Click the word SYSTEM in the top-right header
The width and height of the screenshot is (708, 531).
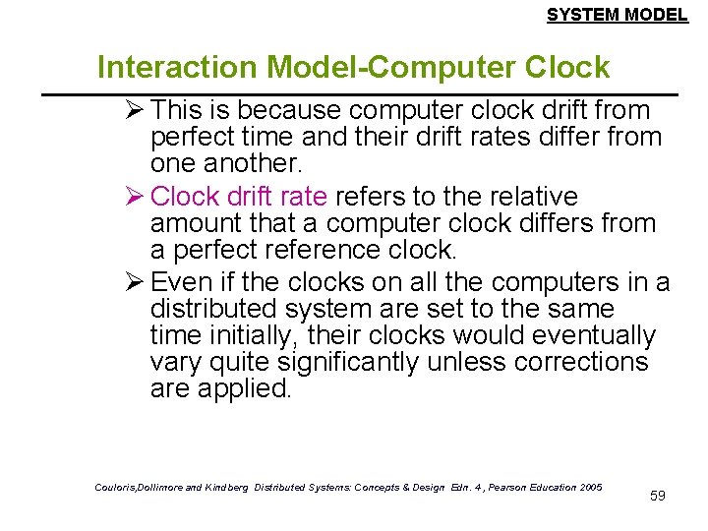coord(578,15)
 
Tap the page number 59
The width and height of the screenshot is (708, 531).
coord(658,496)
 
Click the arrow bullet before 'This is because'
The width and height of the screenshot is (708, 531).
coord(129,109)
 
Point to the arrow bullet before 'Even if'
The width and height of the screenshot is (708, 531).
coord(129,282)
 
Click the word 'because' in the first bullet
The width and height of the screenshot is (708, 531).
coord(276,110)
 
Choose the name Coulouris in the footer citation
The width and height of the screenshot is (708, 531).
coord(118,488)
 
